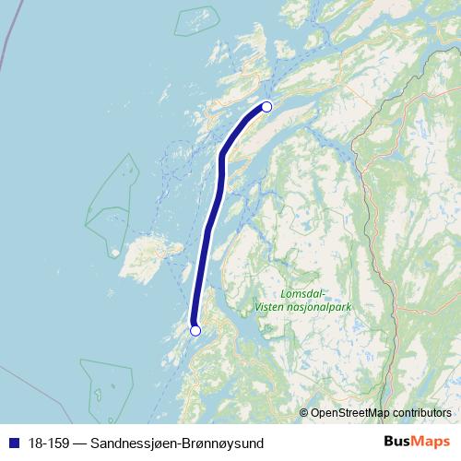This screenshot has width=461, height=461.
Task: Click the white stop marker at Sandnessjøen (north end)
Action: point(266,106)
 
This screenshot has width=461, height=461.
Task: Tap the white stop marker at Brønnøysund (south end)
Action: point(195,330)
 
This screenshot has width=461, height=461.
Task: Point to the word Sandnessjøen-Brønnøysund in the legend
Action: point(177,443)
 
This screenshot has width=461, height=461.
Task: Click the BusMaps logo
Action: point(410,442)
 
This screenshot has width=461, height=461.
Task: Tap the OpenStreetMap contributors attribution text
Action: point(381,412)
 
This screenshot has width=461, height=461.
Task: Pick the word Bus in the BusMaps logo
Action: point(394,442)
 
